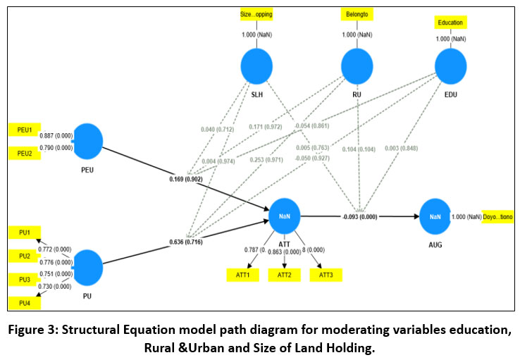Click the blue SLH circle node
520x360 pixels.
256,68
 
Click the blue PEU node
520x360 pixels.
88,141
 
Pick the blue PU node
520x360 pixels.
88,267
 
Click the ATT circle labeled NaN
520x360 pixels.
285,217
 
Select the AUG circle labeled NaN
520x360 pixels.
434,217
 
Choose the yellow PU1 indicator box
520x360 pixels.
23,233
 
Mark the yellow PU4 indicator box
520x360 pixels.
23,303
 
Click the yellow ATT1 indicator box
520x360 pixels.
242,275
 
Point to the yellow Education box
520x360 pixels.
450,23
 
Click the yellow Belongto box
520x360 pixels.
357,13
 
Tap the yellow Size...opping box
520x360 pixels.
256,13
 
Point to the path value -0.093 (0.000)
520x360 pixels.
359,217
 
